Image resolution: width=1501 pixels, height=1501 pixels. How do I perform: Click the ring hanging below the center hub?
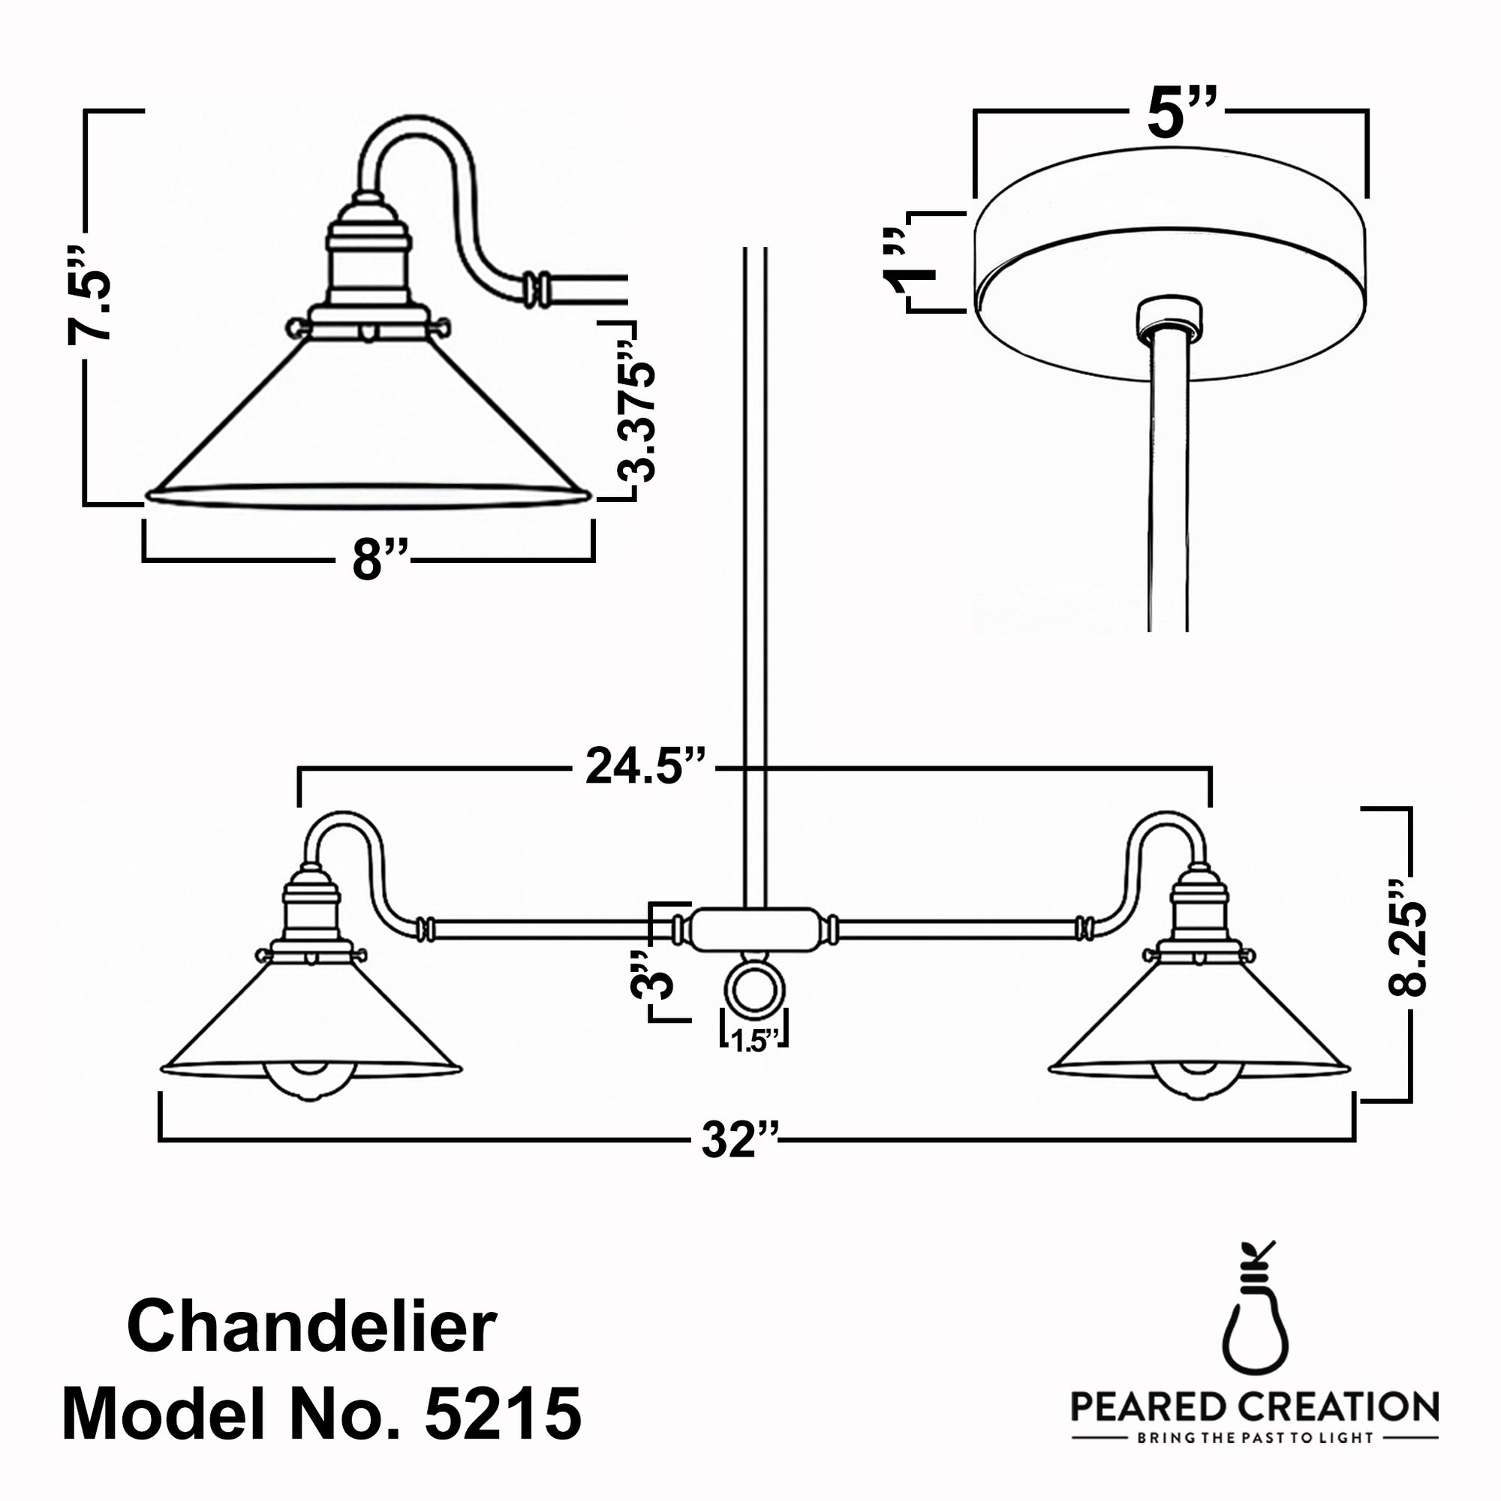coord(754,992)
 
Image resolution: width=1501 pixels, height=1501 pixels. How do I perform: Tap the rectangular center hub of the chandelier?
coord(754,929)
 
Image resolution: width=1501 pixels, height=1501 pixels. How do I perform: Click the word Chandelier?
coord(311,1328)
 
